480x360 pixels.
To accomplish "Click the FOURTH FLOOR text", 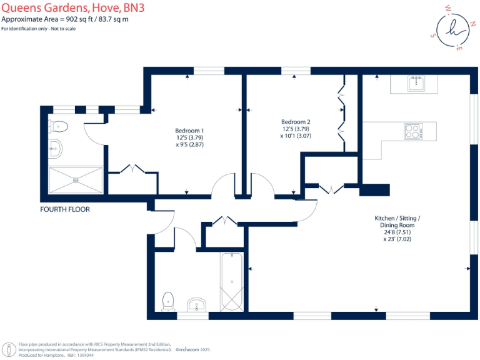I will point(65,209).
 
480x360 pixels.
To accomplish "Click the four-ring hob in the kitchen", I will point(412,131).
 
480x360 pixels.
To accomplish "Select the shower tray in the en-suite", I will point(76,180).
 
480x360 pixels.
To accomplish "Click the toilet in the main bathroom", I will point(168,301).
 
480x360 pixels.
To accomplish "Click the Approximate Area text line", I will point(74,19).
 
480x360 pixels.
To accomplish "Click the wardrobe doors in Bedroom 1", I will point(133,169).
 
